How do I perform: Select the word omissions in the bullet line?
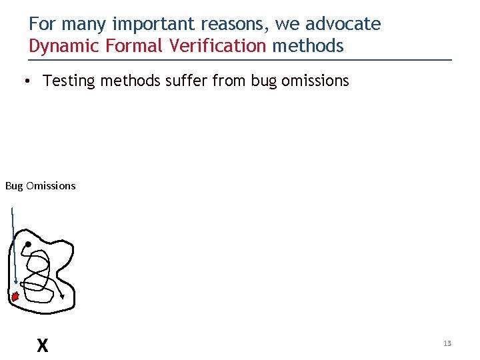(315, 81)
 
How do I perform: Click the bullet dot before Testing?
(23, 81)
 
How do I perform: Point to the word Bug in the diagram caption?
(14, 186)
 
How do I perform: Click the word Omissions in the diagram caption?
(51, 186)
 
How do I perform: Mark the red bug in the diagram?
(15, 296)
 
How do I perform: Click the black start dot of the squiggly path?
(28, 245)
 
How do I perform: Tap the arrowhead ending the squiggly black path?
(62, 297)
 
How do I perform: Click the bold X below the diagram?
(43, 345)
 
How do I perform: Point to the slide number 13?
(447, 343)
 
